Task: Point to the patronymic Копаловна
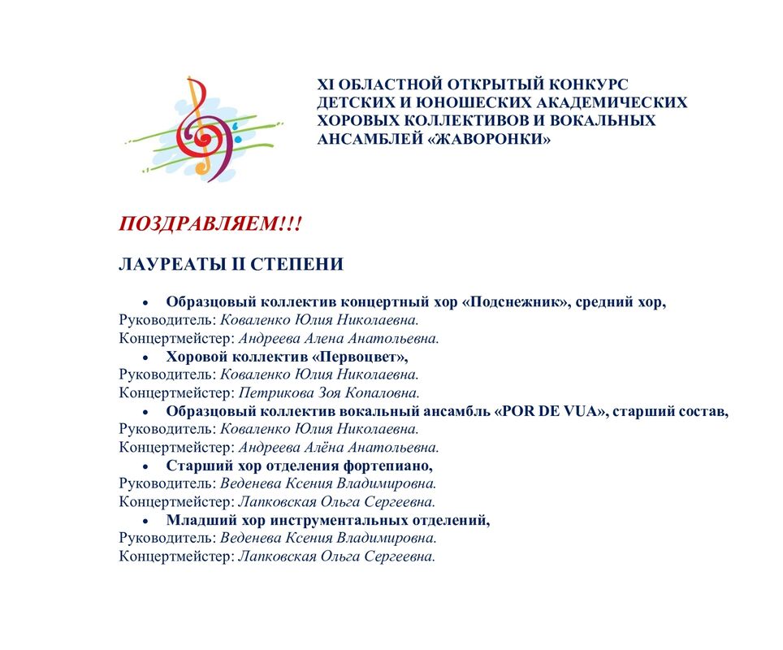[x=382, y=393]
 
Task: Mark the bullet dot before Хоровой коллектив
[x=145, y=357]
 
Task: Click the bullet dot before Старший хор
[x=145, y=466]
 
